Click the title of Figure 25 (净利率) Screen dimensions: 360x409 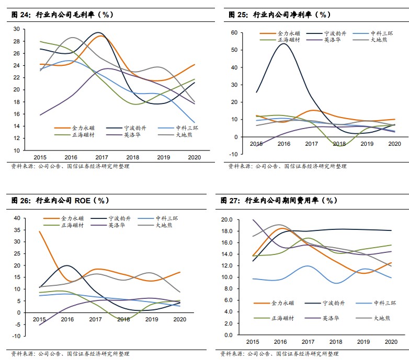pyautogui.click(x=279, y=15)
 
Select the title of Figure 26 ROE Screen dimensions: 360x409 pyautogui.click(x=61, y=200)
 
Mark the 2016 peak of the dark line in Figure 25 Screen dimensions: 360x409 pyautogui.click(x=283, y=44)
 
